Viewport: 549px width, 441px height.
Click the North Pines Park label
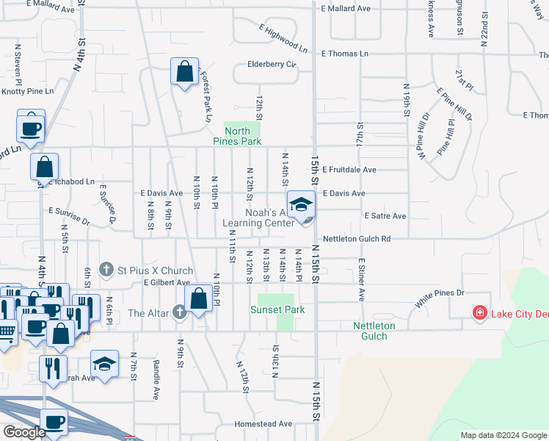tap(237, 136)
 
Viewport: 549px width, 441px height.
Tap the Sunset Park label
tap(277, 309)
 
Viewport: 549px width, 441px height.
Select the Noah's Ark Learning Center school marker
tap(301, 205)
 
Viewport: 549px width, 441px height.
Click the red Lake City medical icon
tap(480, 314)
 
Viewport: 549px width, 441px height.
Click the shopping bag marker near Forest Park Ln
tap(184, 73)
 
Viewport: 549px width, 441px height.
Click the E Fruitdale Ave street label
tap(349, 170)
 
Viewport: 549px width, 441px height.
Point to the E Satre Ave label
tap(385, 216)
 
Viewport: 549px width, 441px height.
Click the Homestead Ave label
tap(263, 424)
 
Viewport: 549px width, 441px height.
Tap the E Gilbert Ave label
tap(167, 282)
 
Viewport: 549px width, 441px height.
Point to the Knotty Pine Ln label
tap(28, 91)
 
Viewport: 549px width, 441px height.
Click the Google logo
tap(23, 431)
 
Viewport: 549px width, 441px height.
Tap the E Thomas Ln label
tap(345, 54)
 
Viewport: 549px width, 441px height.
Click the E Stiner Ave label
tap(362, 279)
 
